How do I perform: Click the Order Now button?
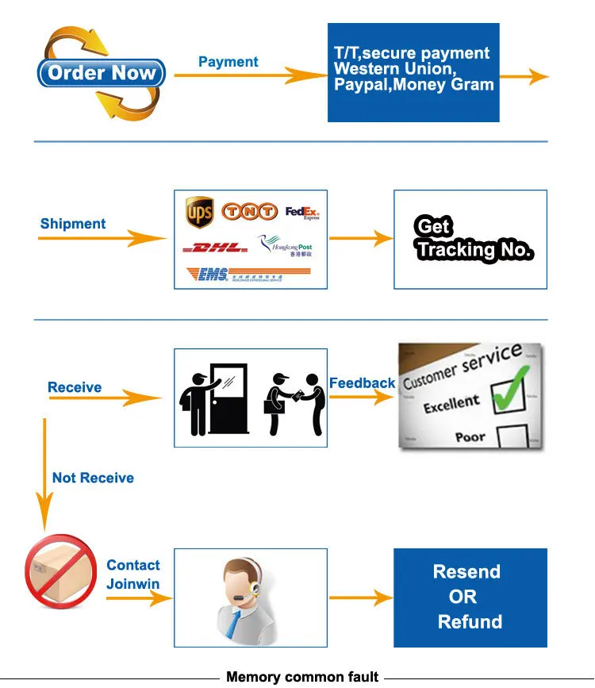pyautogui.click(x=102, y=74)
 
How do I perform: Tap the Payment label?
pyautogui.click(x=228, y=62)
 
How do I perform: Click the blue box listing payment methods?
pyautogui.click(x=413, y=72)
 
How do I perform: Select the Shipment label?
pyautogui.click(x=73, y=224)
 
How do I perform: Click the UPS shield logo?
pyautogui.click(x=198, y=212)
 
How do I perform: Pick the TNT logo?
pyautogui.click(x=249, y=212)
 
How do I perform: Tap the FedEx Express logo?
pyautogui.click(x=301, y=213)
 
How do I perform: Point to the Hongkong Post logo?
pyautogui.click(x=286, y=246)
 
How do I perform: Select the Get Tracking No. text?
pyautogui.click(x=474, y=239)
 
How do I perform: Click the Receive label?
pyautogui.click(x=75, y=387)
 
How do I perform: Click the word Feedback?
pyautogui.click(x=362, y=383)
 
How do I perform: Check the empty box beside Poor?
pyautogui.click(x=512, y=438)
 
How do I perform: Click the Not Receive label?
pyautogui.click(x=93, y=478)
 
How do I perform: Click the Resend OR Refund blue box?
pyautogui.click(x=470, y=597)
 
